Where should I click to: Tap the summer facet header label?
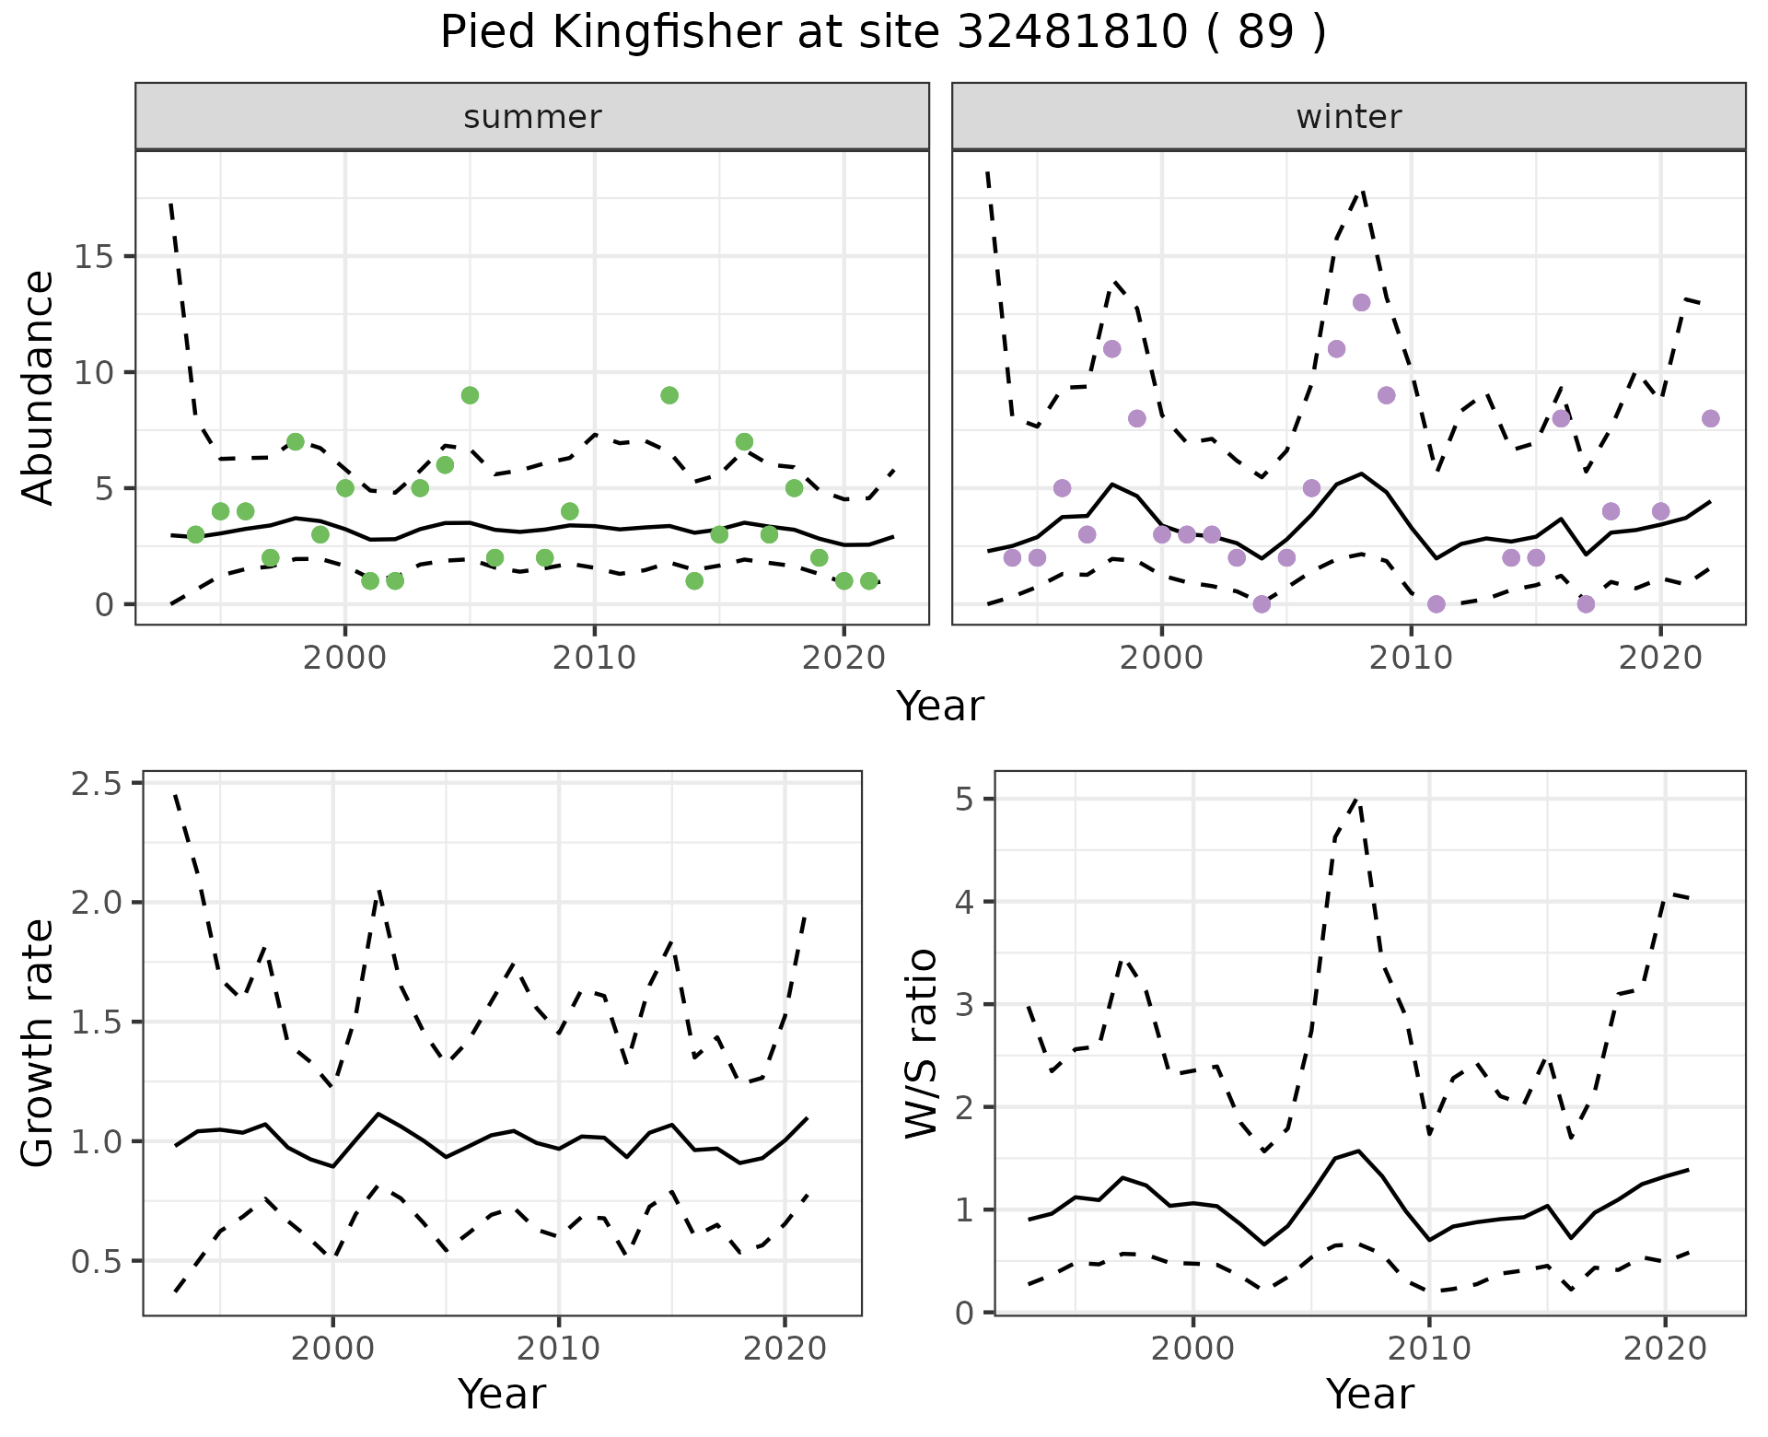(x=532, y=117)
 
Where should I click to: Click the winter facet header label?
(x=1348, y=117)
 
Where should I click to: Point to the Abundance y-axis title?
(x=39, y=387)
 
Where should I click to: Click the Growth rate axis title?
(x=39, y=1043)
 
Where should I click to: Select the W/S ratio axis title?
(x=922, y=1043)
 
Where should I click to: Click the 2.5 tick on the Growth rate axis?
(x=99, y=784)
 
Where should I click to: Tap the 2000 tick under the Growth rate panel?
(x=332, y=1349)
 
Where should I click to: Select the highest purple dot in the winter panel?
(x=1362, y=302)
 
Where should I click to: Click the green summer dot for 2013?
(x=669, y=395)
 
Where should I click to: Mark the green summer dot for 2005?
(x=470, y=395)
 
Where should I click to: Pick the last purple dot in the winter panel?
(x=1711, y=418)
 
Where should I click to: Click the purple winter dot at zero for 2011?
(x=1436, y=604)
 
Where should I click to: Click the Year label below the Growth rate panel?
(x=502, y=1394)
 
